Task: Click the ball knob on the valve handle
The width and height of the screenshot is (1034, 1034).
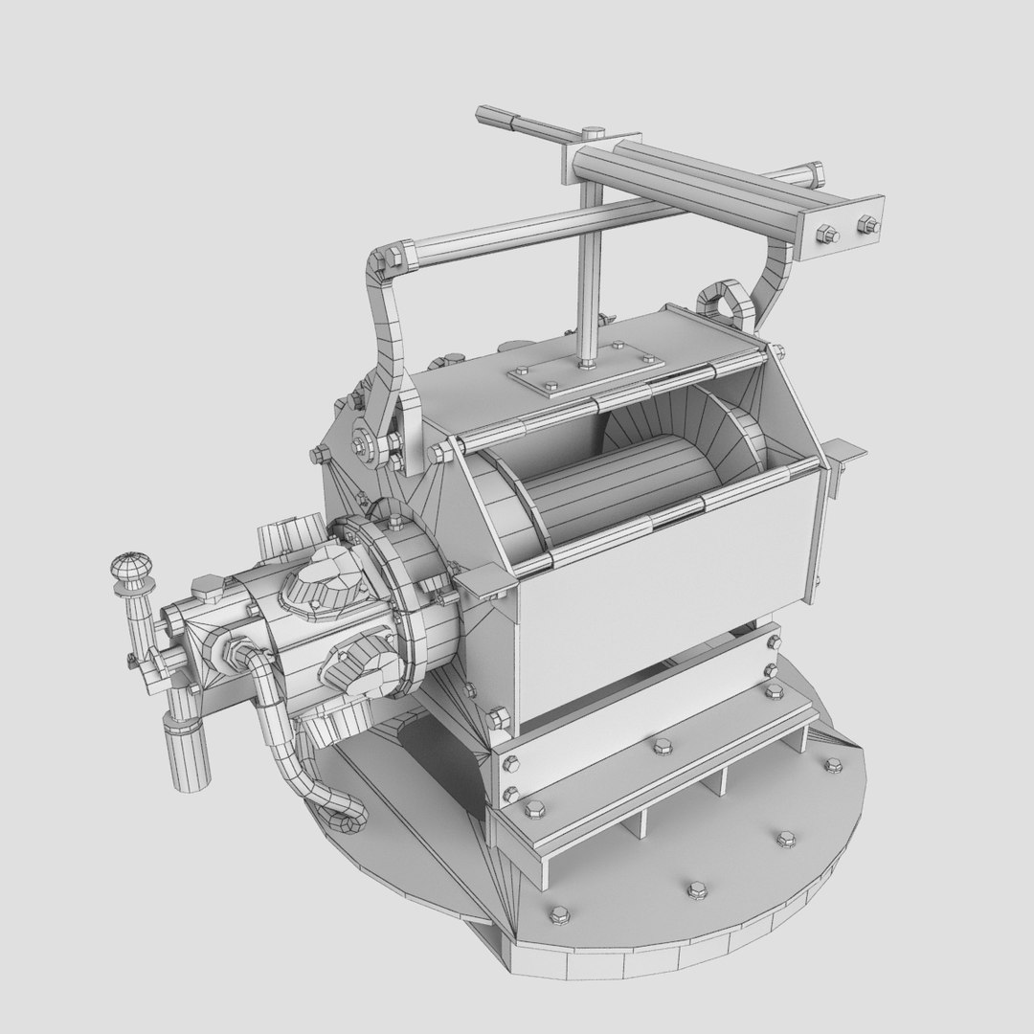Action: click(130, 570)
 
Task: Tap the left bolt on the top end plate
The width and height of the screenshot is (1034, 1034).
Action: click(825, 232)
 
